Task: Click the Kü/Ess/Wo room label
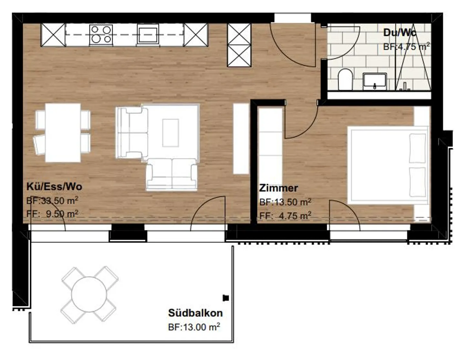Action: pos(54,187)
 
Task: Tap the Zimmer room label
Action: pos(278,188)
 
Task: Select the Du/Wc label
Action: pos(400,33)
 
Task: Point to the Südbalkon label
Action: pos(195,313)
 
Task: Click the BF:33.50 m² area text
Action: pos(52,201)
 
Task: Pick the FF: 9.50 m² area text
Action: pos(52,214)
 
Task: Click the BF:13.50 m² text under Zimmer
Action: pos(285,202)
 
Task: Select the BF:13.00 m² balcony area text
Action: pos(194,327)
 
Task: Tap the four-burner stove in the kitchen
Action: pos(101,35)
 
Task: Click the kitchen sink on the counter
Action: pos(148,35)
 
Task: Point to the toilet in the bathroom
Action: pos(345,79)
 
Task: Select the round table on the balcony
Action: pos(89,294)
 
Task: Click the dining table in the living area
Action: pos(63,133)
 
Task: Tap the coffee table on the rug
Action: pos(170,133)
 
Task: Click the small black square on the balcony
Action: pos(226,298)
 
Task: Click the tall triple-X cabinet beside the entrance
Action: pos(239,45)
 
